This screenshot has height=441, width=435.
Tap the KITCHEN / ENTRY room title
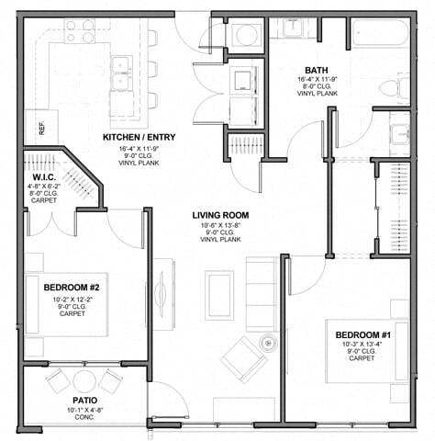(x=139, y=138)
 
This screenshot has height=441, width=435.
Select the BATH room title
(x=318, y=70)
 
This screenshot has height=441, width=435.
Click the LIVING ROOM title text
(x=220, y=215)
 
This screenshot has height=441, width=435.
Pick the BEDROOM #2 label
(x=71, y=288)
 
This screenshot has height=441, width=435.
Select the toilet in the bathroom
(x=395, y=89)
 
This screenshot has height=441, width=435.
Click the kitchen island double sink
(x=120, y=72)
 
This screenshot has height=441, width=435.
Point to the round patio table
(x=84, y=379)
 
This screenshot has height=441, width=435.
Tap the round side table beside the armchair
(x=268, y=339)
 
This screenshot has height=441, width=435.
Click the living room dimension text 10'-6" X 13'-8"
(x=220, y=223)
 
